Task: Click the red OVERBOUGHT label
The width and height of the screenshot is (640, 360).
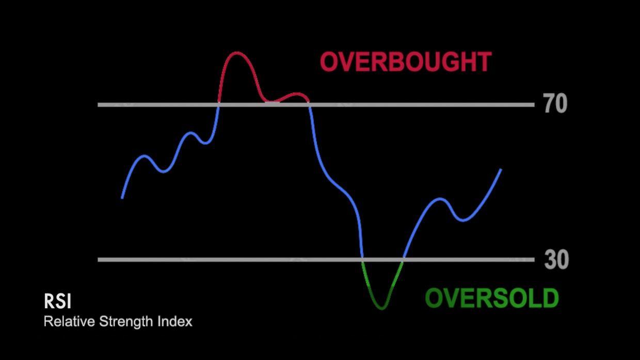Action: [406, 61]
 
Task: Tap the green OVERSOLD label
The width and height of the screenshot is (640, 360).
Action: [492, 298]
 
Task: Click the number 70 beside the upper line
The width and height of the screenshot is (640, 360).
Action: [555, 103]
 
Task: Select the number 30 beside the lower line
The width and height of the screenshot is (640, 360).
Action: [556, 259]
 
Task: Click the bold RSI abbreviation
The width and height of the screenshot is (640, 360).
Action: [57, 301]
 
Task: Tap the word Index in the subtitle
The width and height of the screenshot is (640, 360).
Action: [175, 321]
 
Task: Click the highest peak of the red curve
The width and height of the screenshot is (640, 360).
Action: [236, 53]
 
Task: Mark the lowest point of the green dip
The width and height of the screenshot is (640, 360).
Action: [382, 308]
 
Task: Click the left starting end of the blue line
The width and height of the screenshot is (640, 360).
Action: [122, 197]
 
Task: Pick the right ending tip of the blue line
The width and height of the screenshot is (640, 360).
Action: [501, 170]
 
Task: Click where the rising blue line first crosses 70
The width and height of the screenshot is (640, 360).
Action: [218, 105]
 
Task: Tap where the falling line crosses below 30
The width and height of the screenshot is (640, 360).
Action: [362, 260]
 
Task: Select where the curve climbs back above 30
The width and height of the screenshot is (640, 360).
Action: [403, 260]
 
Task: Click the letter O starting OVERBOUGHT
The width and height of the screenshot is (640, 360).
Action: [329, 61]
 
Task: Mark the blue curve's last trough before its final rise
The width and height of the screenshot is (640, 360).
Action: [463, 220]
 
